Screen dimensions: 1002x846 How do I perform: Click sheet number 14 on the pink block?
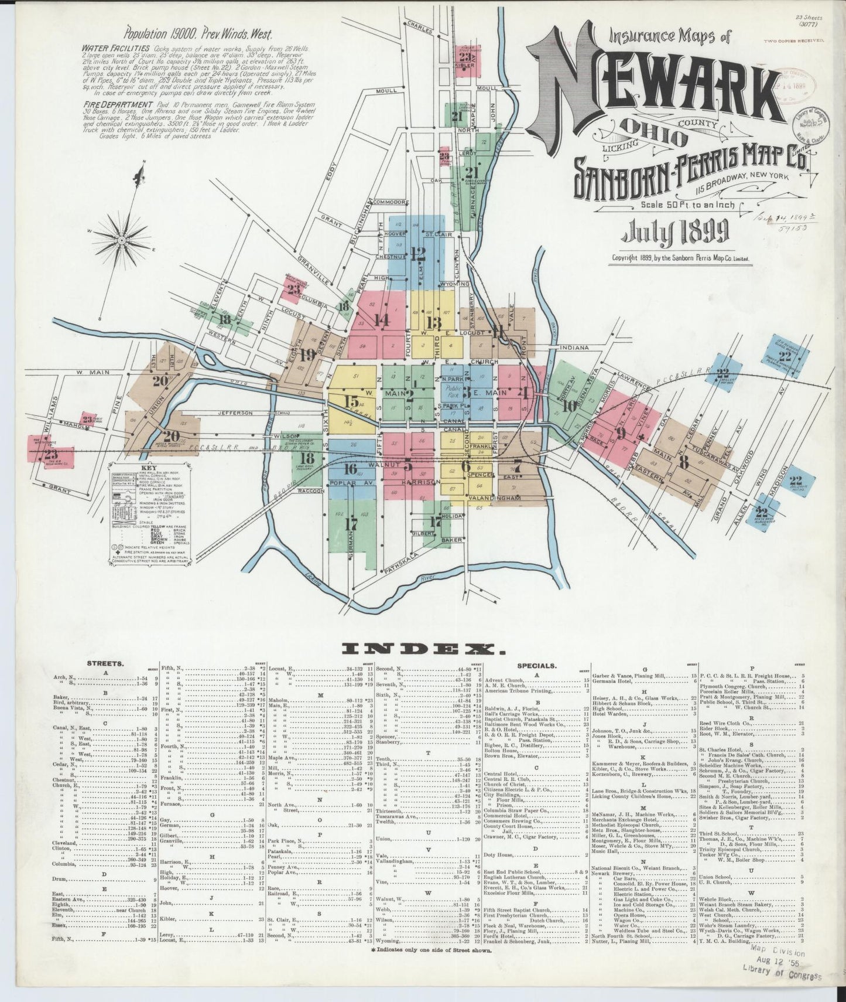382,320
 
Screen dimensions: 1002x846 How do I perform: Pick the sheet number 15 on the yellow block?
351,402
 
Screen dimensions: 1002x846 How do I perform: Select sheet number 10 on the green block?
568,404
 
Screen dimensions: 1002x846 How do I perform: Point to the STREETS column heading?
105,664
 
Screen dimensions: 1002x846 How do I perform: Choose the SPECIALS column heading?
537,666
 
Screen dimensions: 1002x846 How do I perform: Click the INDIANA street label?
574,347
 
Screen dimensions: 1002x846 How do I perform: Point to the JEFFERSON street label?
234,413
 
